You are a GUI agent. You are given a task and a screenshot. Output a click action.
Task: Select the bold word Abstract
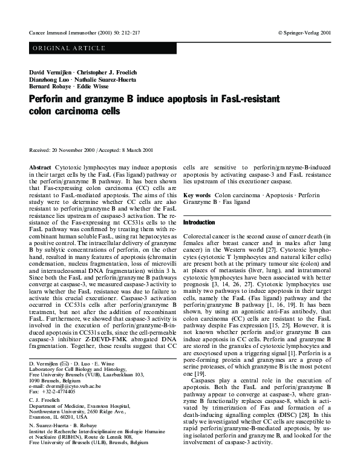coord(41,166)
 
